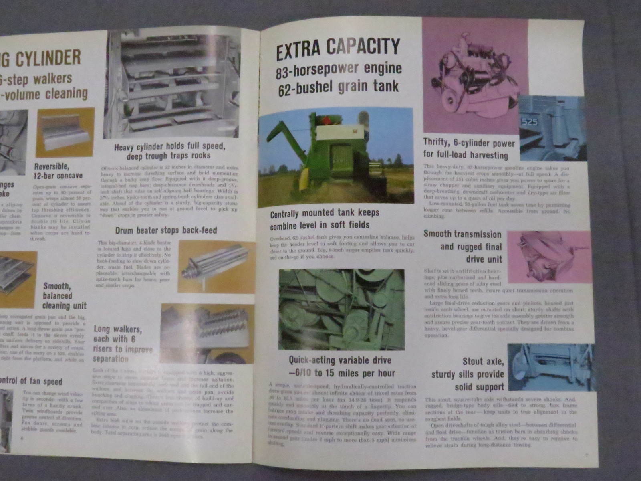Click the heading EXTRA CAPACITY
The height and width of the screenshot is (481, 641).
(338, 47)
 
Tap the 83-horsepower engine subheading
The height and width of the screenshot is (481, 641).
(339, 69)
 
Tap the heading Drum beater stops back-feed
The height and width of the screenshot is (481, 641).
(166, 230)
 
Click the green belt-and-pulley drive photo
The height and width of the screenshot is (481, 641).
(341, 309)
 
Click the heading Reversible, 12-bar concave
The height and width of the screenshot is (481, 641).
(58, 171)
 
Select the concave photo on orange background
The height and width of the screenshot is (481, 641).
(65, 133)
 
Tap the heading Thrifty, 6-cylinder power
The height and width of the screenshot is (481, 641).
(469, 149)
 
